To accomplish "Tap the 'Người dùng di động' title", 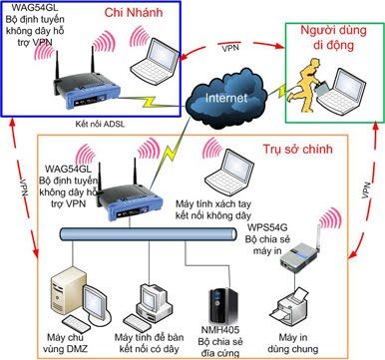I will tap(329, 37).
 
